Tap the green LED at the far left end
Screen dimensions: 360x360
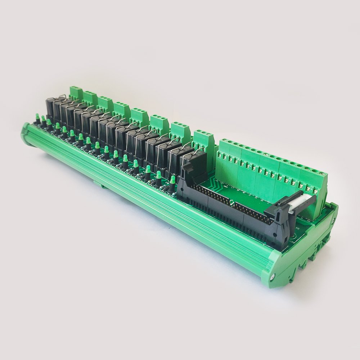(37, 117)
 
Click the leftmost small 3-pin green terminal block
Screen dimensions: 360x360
(76, 92)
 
